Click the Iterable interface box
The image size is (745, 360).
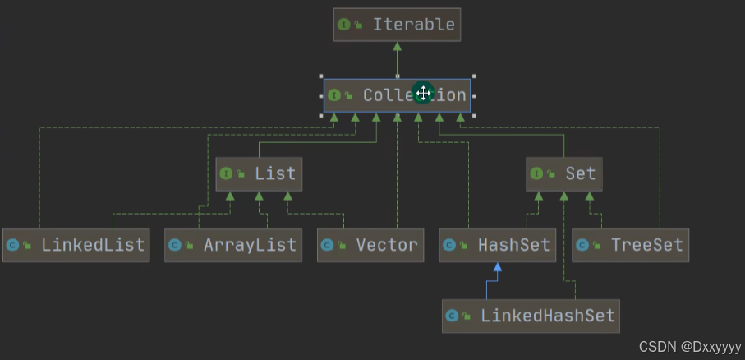click(397, 25)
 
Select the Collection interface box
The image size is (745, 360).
click(397, 95)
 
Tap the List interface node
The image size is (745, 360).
click(258, 174)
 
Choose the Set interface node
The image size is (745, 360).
click(564, 174)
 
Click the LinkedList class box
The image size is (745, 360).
click(76, 245)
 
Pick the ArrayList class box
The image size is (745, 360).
click(233, 245)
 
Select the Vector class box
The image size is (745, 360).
click(370, 245)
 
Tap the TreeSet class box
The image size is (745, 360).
click(630, 245)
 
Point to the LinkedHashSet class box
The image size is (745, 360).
click(531, 316)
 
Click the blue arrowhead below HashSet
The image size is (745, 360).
click(498, 268)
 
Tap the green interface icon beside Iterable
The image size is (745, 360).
click(344, 25)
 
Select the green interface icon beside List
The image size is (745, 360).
click(227, 174)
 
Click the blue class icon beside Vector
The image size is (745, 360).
click(328, 245)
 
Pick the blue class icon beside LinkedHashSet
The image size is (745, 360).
click(453, 316)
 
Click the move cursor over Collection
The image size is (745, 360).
click(423, 93)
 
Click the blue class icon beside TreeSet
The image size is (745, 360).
click(582, 245)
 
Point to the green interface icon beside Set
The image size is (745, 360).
click(536, 174)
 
